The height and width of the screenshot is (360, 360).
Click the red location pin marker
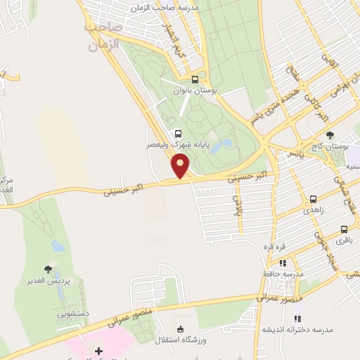click(181, 166)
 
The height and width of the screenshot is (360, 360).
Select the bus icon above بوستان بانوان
click(195, 79)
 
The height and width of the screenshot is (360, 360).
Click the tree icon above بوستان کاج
click(330, 136)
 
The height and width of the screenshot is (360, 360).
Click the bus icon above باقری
click(344, 229)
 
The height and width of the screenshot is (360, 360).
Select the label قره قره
click(274, 247)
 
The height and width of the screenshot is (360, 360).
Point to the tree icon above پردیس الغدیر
click(48, 269)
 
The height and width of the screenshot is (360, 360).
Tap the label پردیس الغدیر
click(49, 282)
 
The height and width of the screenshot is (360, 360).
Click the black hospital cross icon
click(98, 350)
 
